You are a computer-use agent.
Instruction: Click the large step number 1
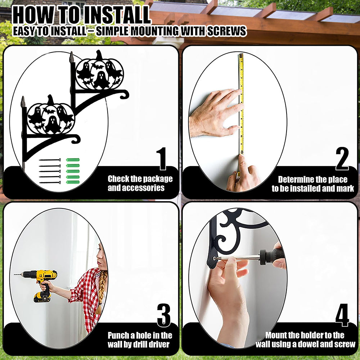pyautogui.click(x=162, y=159)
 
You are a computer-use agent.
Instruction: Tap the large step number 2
pyautogui.click(x=342, y=159)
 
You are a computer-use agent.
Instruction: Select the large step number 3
pyautogui.click(x=164, y=315)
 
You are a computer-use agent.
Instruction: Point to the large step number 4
pyautogui.click(x=342, y=315)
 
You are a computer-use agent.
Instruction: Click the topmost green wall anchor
pyautogui.click(x=73, y=160)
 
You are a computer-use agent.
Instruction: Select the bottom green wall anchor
pyautogui.click(x=73, y=182)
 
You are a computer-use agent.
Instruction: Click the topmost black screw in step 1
pyautogui.click(x=50, y=160)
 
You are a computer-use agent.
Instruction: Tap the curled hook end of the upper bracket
pyautogui.click(x=124, y=94)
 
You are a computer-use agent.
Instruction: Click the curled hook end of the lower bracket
pyautogui.click(x=76, y=139)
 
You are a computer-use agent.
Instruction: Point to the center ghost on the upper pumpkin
pyautogui.click(x=101, y=80)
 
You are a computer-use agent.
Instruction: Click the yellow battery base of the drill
pyautogui.click(x=42, y=297)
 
